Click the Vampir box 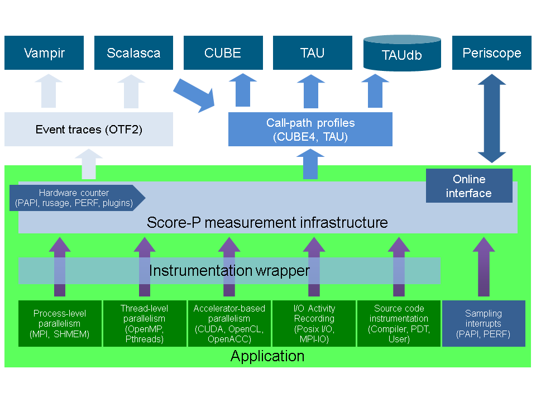[44, 53]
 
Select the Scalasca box [133, 53]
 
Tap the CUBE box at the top [223, 53]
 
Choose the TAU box [312, 53]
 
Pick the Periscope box [492, 53]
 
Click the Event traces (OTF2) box [89, 130]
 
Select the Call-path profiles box [310, 130]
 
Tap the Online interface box [469, 186]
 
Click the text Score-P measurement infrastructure [267, 223]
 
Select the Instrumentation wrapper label [229, 271]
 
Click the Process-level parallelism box [60, 323]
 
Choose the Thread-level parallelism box [145, 323]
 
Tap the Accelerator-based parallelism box [229, 323]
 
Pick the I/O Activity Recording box [314, 323]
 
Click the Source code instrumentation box [399, 323]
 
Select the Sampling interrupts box [484, 324]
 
